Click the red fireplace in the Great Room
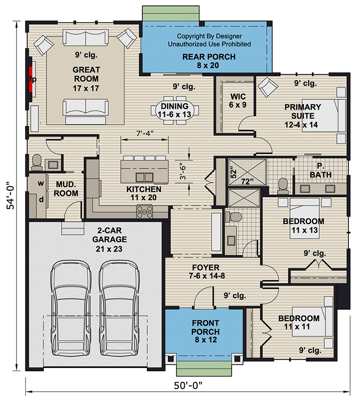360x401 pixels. click(30, 80)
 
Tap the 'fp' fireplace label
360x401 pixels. click(33, 79)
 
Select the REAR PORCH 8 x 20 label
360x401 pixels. click(209, 61)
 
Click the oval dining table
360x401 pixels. click(175, 110)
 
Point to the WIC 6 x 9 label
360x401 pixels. click(238, 101)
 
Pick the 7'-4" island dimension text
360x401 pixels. click(145, 134)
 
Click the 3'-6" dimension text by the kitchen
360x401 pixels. click(182, 171)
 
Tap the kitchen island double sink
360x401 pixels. click(145, 177)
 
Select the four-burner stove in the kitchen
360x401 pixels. click(145, 212)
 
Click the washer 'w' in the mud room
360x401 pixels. click(41, 184)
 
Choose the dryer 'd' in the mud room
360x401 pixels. click(41, 200)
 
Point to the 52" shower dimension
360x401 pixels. click(233, 172)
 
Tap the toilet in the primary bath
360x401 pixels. click(283, 186)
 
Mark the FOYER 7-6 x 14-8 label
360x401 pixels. click(207, 272)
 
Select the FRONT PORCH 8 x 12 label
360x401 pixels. click(205, 331)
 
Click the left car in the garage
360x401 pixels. click(70, 308)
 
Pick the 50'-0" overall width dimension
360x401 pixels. click(188, 385)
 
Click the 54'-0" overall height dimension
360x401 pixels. click(11, 196)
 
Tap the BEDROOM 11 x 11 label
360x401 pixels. click(298, 322)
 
